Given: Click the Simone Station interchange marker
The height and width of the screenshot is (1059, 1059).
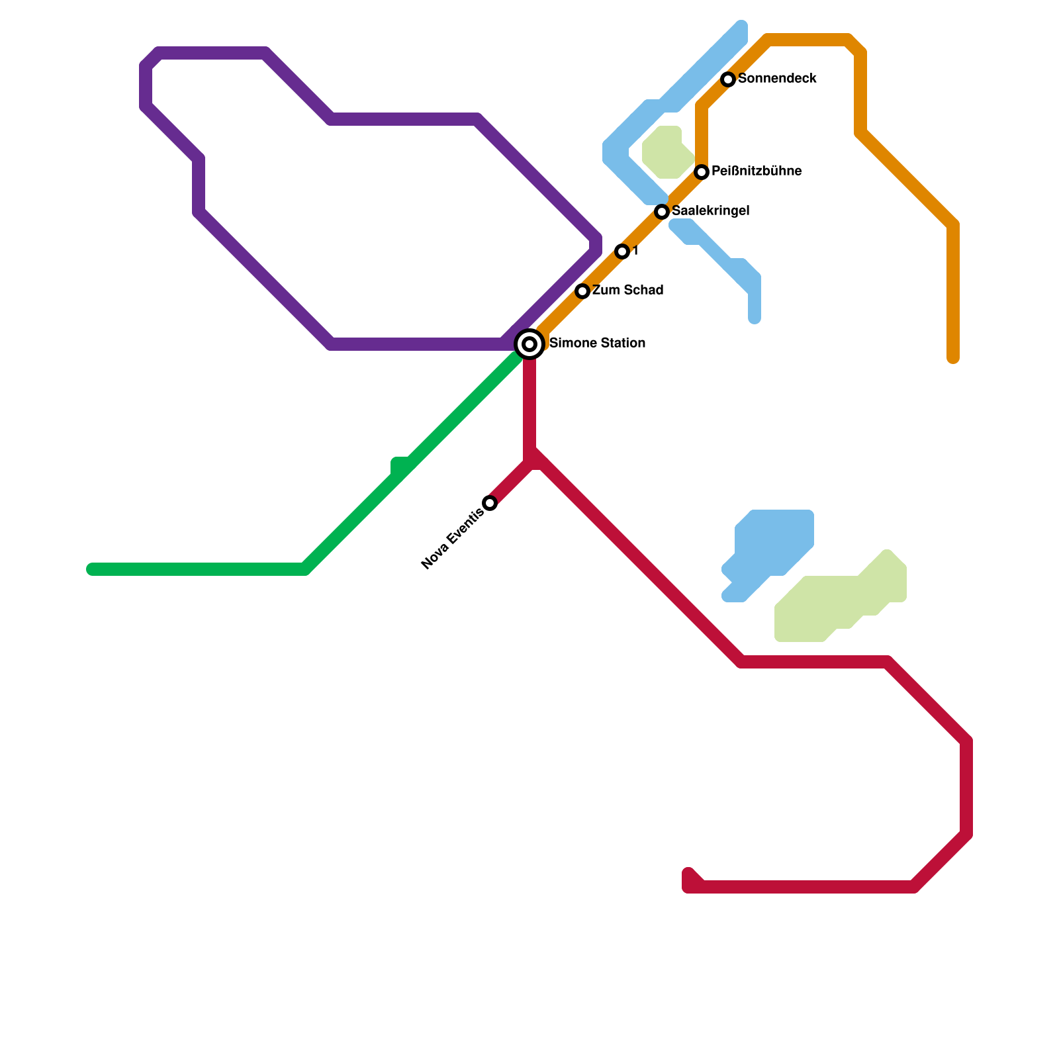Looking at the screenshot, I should pyautogui.click(x=529, y=344).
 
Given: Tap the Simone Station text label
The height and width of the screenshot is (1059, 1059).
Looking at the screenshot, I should pyautogui.click(x=597, y=344).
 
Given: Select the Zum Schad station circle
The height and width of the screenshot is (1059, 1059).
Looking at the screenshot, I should pyautogui.click(x=582, y=291).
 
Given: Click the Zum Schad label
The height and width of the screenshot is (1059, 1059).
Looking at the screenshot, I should pyautogui.click(x=627, y=291).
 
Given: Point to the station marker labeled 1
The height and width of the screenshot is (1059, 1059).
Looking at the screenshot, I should pyautogui.click(x=622, y=252).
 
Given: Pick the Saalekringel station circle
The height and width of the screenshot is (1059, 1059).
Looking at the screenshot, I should pyautogui.click(x=662, y=212).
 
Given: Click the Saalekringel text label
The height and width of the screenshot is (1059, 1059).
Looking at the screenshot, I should pyautogui.click(x=710, y=211).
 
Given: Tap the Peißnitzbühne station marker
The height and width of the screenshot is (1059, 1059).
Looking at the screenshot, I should pyautogui.click(x=702, y=172).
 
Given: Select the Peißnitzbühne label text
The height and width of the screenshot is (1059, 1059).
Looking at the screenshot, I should pyautogui.click(x=757, y=171).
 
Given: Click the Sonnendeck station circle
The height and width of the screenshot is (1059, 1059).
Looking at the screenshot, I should pyautogui.click(x=728, y=79).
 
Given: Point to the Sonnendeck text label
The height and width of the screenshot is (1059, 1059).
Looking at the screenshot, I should pyautogui.click(x=777, y=79).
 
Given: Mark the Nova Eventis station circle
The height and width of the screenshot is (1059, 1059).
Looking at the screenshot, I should pyautogui.click(x=490, y=503).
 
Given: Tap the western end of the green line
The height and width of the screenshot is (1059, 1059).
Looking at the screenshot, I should pyautogui.click(x=91, y=569).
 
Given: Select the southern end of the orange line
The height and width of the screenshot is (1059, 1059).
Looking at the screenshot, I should pyautogui.click(x=953, y=359).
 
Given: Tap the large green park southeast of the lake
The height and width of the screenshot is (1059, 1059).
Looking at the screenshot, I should pyautogui.click(x=834, y=602).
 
